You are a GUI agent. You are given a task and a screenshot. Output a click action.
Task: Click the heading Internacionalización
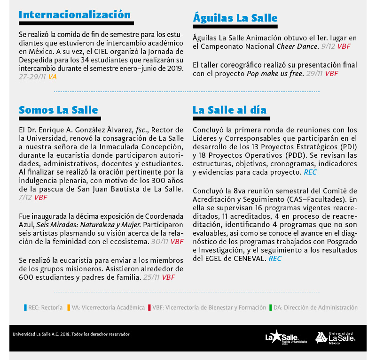(75, 15)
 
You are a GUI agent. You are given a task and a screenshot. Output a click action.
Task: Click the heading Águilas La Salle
(235, 18)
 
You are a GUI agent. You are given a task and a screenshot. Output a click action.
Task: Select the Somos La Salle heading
(58, 110)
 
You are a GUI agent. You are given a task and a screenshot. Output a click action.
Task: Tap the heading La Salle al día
(229, 110)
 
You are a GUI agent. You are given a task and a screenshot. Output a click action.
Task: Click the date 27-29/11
(32, 76)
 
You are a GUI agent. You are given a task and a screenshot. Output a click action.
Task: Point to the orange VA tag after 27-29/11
(52, 76)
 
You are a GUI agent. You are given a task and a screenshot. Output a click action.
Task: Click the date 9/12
(328, 46)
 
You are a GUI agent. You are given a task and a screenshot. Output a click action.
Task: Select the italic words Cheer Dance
(298, 46)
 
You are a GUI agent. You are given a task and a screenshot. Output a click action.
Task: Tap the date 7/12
(25, 197)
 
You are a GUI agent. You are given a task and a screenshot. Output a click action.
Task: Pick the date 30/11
(159, 241)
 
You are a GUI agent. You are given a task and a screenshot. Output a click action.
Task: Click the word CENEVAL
(250, 258)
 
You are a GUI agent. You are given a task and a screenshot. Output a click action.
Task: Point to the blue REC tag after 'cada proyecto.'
(310, 172)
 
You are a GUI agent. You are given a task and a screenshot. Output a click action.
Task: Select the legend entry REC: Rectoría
(44, 308)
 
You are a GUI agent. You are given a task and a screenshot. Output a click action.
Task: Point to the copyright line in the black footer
(71, 334)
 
